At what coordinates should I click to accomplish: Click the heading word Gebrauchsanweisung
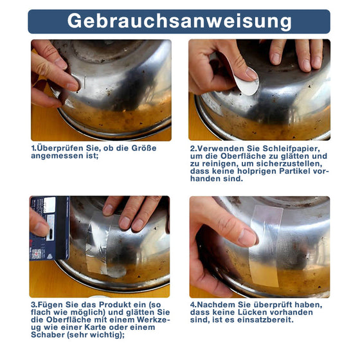coord(179,21)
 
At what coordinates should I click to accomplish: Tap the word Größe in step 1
coord(144,148)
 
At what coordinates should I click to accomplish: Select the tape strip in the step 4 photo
coord(265,246)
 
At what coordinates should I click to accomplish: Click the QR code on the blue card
coord(37,253)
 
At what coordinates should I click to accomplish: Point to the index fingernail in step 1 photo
coord(73,87)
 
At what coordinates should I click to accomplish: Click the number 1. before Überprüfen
coord(33,148)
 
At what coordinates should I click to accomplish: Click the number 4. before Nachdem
coord(194,305)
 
